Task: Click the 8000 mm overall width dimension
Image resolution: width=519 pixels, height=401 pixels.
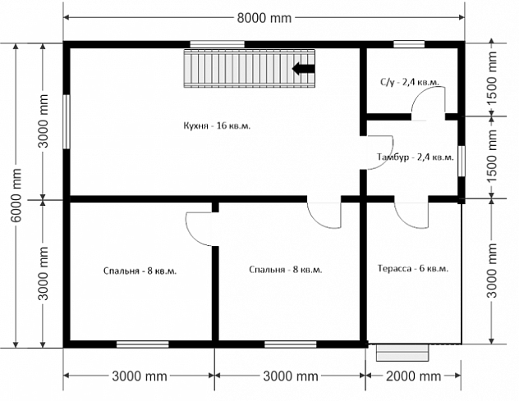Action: point(264,18)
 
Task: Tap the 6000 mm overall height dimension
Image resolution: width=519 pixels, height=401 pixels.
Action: point(16,195)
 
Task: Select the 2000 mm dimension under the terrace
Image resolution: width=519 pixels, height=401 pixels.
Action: point(413,376)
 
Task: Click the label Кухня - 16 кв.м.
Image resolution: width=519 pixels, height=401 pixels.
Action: point(217,126)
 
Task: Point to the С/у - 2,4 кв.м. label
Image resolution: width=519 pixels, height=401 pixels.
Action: point(410,82)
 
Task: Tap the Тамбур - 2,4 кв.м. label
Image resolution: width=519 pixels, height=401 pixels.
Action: point(416,157)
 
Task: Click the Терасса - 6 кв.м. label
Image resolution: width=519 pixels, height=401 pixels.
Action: point(413,268)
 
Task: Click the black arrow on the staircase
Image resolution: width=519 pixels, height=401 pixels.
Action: point(303,68)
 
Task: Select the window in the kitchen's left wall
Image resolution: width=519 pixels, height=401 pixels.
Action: point(67,121)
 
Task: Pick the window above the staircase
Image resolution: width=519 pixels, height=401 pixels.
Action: point(217,44)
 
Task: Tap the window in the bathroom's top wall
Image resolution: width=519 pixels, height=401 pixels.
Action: point(409,44)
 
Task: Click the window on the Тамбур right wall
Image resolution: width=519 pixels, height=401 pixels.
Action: point(461,162)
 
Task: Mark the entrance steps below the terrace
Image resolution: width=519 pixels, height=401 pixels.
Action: point(402,353)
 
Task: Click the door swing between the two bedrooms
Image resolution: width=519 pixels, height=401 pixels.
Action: point(192,235)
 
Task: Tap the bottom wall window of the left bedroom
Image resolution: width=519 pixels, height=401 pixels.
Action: point(143,344)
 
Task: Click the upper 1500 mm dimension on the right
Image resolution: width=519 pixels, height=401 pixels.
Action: point(492,79)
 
